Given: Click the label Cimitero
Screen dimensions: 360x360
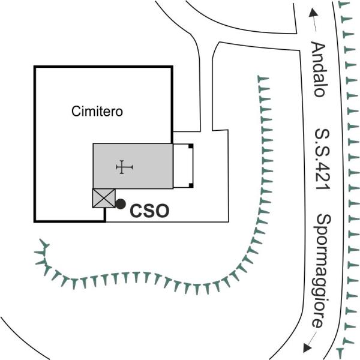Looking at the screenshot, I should [x=97, y=112].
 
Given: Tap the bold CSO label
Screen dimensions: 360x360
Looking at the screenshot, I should [x=149, y=211].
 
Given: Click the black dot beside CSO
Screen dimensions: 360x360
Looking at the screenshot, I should [x=120, y=204].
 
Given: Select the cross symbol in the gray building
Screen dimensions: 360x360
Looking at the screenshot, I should [x=124, y=167].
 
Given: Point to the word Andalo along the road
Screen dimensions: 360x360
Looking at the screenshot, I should [x=319, y=69].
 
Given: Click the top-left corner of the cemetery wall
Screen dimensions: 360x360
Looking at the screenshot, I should [x=34, y=67].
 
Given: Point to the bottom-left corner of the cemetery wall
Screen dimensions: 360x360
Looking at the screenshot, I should [x=34, y=221].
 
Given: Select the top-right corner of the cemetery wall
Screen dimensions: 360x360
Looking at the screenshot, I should [x=173, y=67].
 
